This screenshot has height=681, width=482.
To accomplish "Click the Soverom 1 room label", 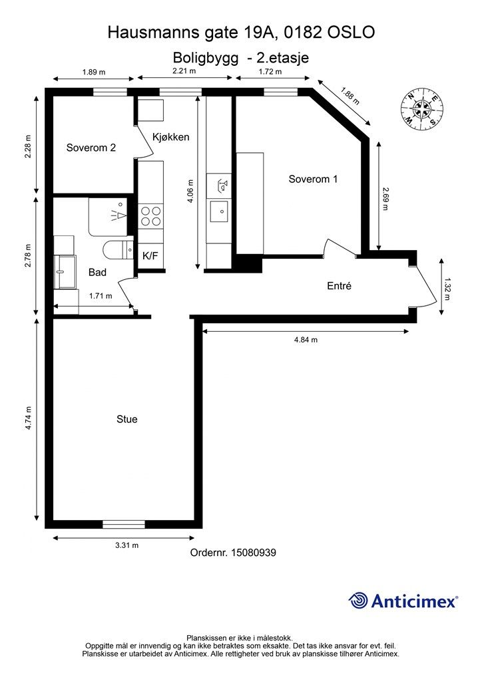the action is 313,179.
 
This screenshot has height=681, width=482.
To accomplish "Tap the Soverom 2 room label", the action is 91,148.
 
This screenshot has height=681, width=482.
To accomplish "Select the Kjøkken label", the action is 171,137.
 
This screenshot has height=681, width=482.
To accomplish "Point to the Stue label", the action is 127,419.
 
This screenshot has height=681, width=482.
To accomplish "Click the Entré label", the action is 339,286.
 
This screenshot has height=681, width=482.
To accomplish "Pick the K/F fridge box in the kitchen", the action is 150,256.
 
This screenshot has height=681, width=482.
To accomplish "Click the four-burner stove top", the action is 150,216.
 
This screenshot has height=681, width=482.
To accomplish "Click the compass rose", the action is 422,109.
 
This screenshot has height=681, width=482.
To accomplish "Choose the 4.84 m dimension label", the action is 306,340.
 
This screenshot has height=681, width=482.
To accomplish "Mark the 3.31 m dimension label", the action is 127,545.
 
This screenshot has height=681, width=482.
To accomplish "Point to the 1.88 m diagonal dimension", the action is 350,96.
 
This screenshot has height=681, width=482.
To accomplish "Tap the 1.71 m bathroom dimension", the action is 101,296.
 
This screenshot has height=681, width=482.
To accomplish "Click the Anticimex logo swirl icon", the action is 358,601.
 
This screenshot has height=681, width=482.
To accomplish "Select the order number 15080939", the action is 254,553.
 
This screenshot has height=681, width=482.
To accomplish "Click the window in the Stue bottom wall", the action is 124,524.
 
